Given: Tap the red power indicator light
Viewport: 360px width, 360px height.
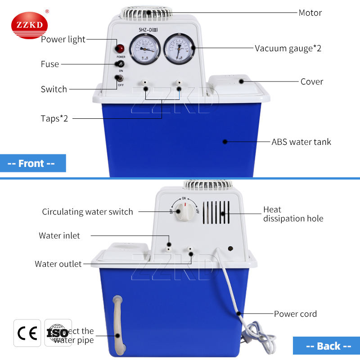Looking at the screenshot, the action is (x=121, y=49).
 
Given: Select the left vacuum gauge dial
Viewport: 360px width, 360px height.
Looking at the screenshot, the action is (x=144, y=51).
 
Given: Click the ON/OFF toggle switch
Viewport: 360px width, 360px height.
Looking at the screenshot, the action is (x=121, y=80).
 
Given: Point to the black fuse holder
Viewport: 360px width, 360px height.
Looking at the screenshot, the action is (x=121, y=65).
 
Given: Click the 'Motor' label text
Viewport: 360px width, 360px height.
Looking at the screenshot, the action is (x=310, y=13).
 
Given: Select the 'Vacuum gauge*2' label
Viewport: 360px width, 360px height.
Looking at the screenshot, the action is (x=288, y=48).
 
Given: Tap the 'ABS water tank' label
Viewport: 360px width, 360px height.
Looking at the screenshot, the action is (x=301, y=142).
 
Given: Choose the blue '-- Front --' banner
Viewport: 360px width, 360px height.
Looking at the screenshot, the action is (x=32, y=163).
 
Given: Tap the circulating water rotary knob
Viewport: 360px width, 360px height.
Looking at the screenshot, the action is (x=184, y=210).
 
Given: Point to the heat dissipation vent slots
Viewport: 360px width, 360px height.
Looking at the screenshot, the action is (x=216, y=212).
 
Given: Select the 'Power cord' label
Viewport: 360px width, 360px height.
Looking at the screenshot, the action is (x=295, y=314).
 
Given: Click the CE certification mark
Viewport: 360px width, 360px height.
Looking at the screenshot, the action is (x=27, y=333).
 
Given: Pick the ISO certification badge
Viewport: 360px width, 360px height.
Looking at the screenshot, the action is (x=58, y=333).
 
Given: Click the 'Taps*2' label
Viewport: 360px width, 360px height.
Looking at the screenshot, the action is (x=54, y=119).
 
